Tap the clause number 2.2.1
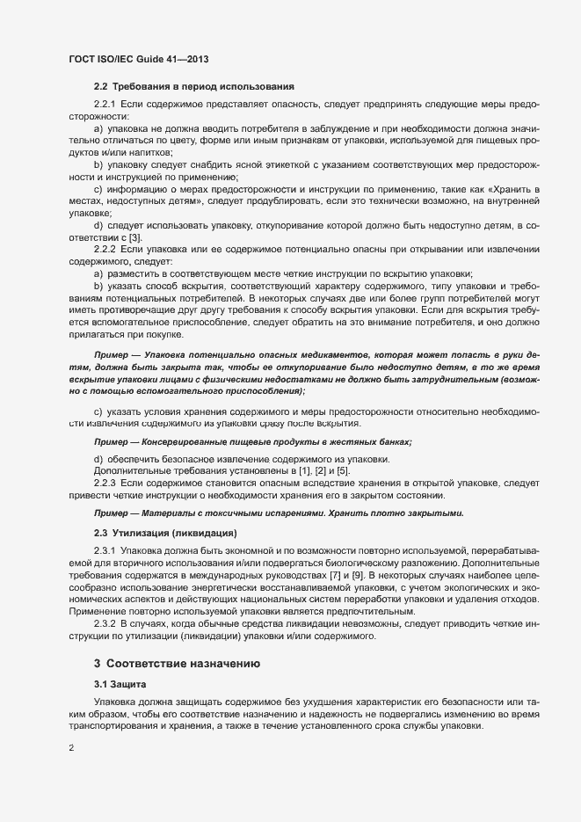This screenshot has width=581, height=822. point(105,105)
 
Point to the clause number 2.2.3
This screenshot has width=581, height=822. point(105,484)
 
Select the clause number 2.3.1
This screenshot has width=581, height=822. point(105,551)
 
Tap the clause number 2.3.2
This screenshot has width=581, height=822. point(105,624)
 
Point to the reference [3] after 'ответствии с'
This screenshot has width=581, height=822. point(135,239)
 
